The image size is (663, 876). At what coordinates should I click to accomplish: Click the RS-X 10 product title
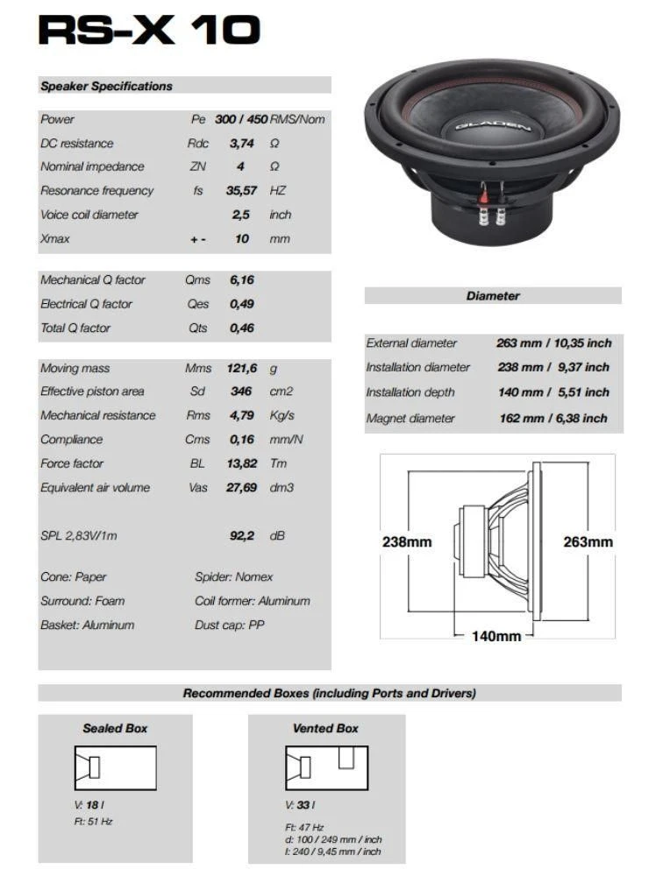coord(149,30)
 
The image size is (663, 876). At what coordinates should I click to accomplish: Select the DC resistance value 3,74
coord(243,143)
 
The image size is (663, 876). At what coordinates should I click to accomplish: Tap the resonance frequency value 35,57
coord(243,190)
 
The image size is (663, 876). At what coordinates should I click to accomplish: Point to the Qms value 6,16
coord(241,280)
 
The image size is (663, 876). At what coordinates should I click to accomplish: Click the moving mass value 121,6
coord(241,369)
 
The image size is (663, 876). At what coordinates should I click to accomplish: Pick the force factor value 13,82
coord(241,463)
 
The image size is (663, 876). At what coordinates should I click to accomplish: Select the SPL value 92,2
coord(242,535)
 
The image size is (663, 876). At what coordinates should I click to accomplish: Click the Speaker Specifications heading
coord(106,86)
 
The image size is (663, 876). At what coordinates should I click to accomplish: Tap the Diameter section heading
coord(493,296)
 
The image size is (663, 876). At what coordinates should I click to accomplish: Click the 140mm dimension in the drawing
coord(496,635)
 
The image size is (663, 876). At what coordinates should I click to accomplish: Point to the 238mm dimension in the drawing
coord(407,541)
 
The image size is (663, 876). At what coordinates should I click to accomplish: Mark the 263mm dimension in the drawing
coord(588,541)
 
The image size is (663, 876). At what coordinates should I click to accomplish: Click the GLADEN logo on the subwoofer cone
coord(492,126)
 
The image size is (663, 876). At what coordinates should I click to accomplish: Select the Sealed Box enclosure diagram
coord(115,768)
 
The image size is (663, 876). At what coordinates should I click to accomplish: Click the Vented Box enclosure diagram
coord(325,768)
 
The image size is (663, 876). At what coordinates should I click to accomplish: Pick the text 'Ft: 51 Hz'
coord(94,822)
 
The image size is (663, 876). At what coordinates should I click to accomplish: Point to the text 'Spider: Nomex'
coord(233,576)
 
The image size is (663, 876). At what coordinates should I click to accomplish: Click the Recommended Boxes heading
coord(330,693)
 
